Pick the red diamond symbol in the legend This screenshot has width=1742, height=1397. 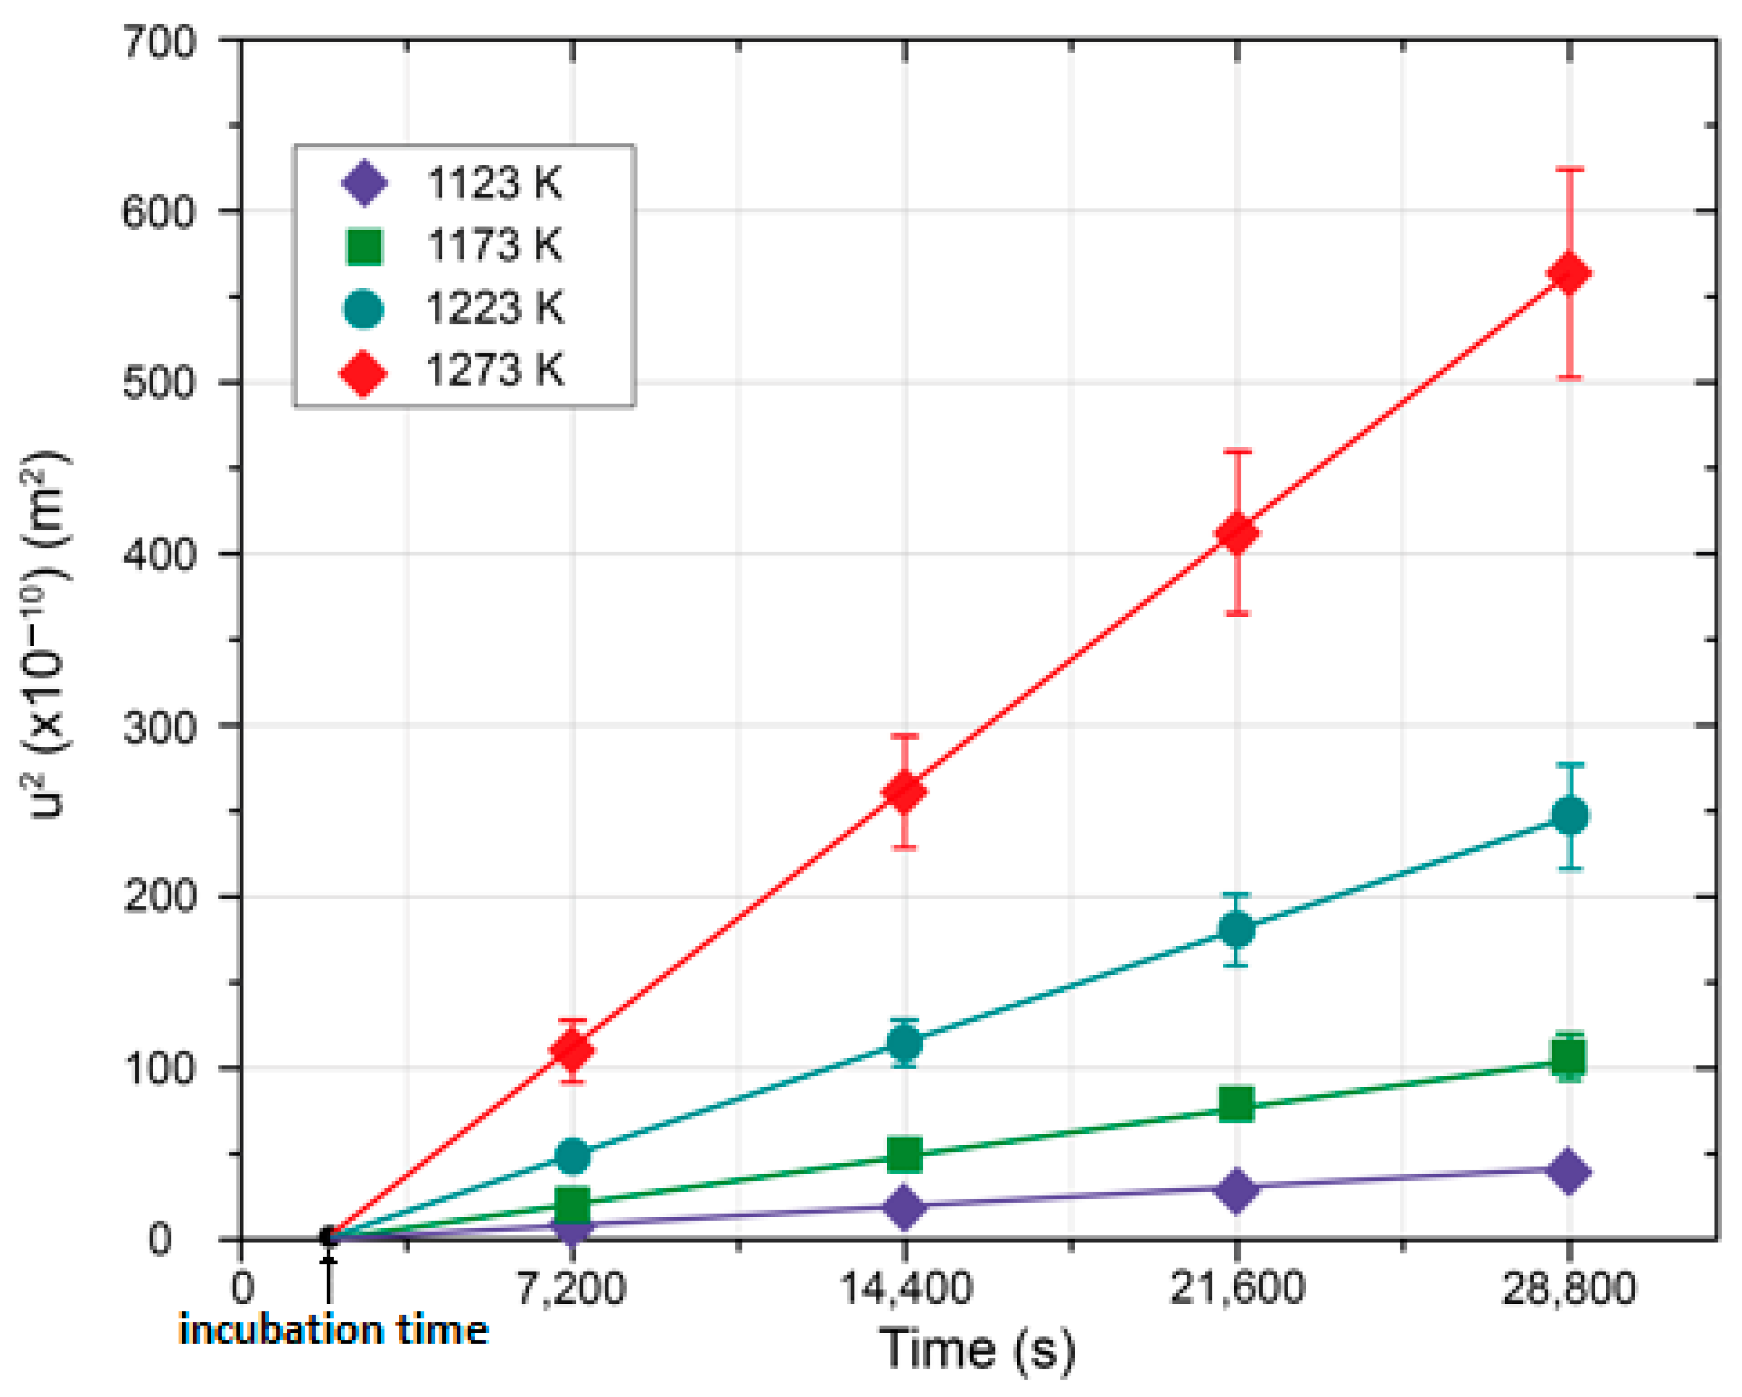tap(363, 372)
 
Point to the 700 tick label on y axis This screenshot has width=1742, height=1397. tap(158, 42)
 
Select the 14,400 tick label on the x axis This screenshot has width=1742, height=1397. tap(905, 1287)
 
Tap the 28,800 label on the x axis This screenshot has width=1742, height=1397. tap(1569, 1287)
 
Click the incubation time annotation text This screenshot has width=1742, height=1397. tap(333, 1329)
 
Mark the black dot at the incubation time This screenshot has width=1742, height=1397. tap(327, 1236)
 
